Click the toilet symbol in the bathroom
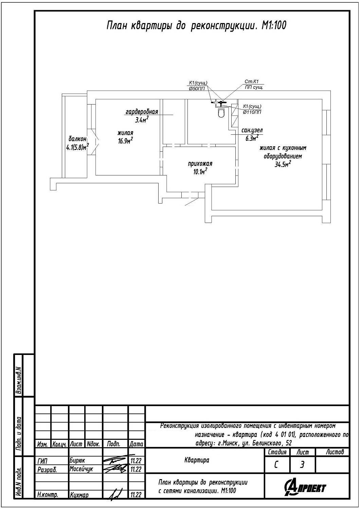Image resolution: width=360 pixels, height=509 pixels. pyautogui.click(x=221, y=113)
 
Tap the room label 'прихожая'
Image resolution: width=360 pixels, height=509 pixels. pyautogui.click(x=200, y=164)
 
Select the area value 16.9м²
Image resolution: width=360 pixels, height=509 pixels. pyautogui.click(x=125, y=141)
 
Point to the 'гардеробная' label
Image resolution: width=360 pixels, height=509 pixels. pyautogui.click(x=142, y=112)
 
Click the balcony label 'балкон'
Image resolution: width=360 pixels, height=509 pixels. pyautogui.click(x=77, y=138)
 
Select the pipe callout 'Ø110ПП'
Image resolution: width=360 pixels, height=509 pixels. pyautogui.click(x=252, y=112)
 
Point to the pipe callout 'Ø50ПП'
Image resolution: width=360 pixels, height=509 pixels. pyautogui.click(x=197, y=89)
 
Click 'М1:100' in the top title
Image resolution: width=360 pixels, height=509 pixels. pyautogui.click(x=274, y=26)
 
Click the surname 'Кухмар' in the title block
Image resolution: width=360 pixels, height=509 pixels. pyautogui.click(x=79, y=495)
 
